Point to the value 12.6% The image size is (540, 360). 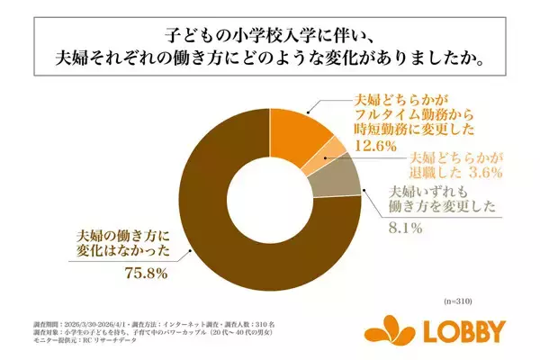pos(373,146)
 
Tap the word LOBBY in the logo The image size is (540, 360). pos(467,332)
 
